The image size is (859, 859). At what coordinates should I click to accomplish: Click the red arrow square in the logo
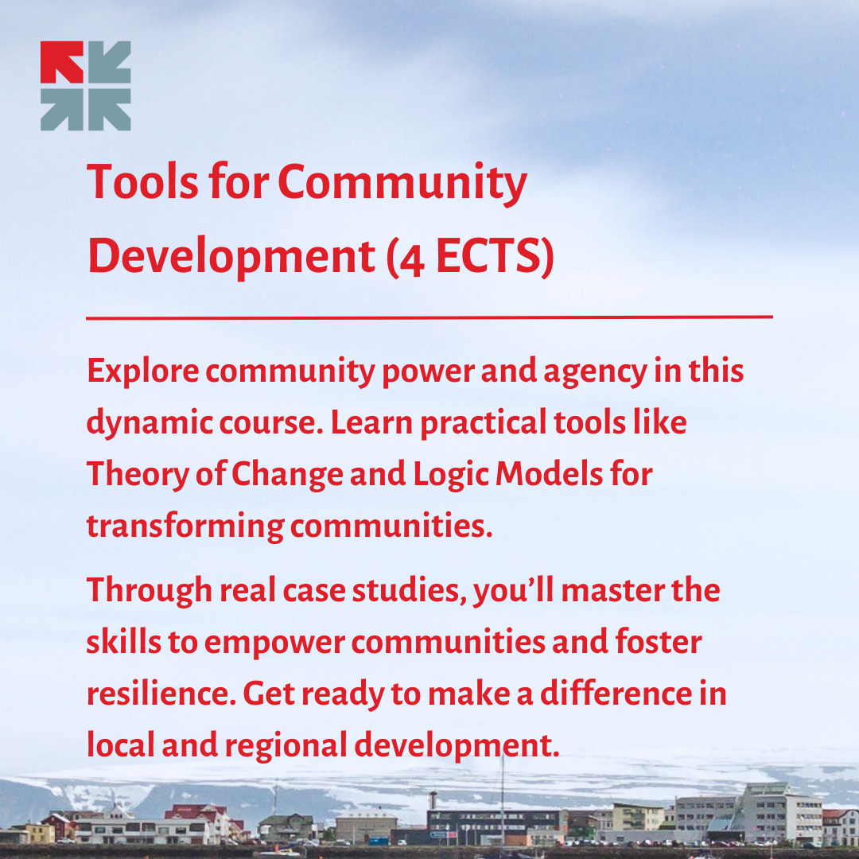point(61,62)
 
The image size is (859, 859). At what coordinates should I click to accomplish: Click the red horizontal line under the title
point(429,317)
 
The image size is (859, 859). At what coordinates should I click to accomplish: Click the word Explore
point(142,371)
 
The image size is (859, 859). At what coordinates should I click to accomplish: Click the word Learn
point(371,423)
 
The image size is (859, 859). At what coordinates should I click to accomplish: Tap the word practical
point(483,424)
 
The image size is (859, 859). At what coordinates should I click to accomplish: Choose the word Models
point(549,474)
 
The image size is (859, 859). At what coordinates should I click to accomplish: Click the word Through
point(149,590)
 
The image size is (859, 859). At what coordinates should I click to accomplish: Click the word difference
point(616,694)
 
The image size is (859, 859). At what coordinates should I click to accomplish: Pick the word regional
point(286,746)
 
